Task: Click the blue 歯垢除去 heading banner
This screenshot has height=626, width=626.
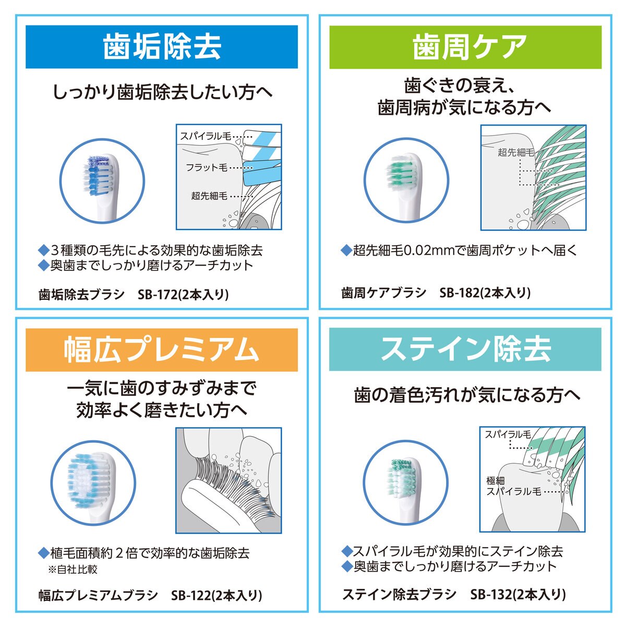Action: click(162, 47)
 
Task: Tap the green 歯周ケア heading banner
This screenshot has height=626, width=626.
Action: click(465, 47)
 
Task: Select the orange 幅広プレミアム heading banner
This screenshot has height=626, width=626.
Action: click(162, 350)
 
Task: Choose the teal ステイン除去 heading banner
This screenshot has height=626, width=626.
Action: click(465, 350)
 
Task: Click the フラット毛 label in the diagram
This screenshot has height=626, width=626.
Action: click(206, 168)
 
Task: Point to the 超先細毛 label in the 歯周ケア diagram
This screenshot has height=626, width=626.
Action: click(516, 152)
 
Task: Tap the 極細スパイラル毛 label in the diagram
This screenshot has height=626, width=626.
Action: click(513, 486)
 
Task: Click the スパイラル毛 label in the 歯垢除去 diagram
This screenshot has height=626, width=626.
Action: click(205, 136)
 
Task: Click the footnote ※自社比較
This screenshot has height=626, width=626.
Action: click(73, 569)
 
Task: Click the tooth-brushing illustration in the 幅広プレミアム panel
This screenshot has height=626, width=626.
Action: click(228, 480)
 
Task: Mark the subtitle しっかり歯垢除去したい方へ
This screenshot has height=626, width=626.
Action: click(162, 92)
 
